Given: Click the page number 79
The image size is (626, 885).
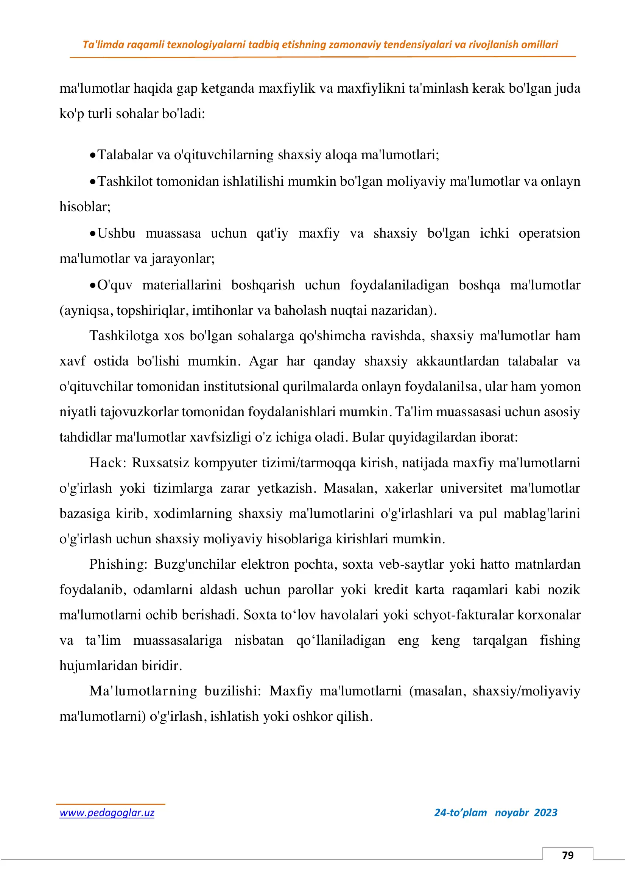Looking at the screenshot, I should pyautogui.click(x=567, y=855).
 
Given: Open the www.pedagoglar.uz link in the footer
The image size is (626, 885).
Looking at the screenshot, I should pyautogui.click(x=107, y=813).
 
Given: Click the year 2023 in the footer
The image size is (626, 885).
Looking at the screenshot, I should pyautogui.click(x=545, y=812).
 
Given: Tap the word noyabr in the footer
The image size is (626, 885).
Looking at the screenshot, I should pyautogui.click(x=512, y=812).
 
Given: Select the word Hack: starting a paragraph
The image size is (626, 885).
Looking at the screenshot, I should pyautogui.click(x=107, y=462).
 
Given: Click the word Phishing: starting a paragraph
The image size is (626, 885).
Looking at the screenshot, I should pyautogui.click(x=118, y=564).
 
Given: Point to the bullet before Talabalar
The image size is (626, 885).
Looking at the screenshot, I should pyautogui.click(x=92, y=156).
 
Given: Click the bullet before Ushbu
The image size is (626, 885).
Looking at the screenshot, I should pyautogui.click(x=92, y=234).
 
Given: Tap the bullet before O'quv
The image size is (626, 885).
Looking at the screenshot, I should pyautogui.click(x=92, y=286).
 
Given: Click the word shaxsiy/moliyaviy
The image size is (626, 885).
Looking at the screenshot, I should pyautogui.click(x=526, y=691).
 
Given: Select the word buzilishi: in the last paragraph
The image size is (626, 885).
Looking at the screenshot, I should pyautogui.click(x=232, y=691).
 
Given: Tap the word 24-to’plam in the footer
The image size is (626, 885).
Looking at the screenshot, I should pyautogui.click(x=460, y=812).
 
